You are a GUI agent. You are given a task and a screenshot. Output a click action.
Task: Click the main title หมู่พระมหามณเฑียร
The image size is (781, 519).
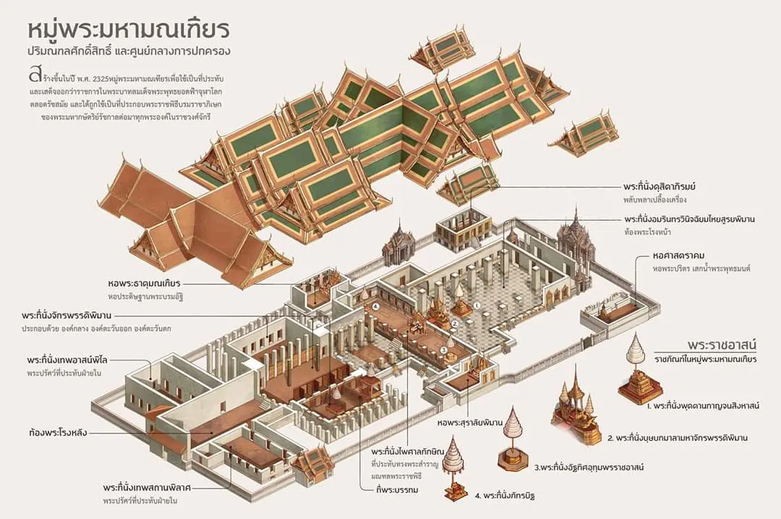[129, 30]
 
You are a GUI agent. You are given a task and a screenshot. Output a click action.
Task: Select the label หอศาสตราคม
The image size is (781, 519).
[668, 256]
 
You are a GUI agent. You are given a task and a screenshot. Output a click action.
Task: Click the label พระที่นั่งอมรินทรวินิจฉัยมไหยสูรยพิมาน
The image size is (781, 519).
[695, 219]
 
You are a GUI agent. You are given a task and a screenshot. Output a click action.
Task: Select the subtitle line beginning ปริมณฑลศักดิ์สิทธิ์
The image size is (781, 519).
[129, 53]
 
